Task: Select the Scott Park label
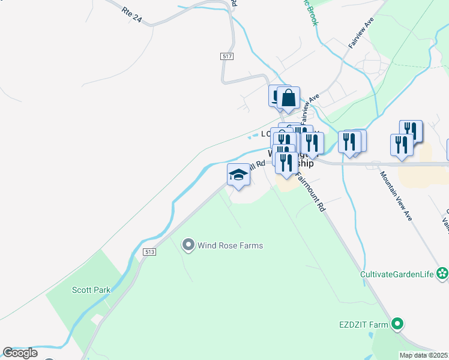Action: coord(91,290)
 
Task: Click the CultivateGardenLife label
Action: coord(397,275)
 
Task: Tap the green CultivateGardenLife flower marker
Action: coord(442,274)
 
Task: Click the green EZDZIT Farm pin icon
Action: coord(397,325)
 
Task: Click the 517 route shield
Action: coord(226,56)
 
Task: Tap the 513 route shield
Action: coord(150,252)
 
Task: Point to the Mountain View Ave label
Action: coord(396,196)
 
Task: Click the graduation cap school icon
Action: coord(238,175)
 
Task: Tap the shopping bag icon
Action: coord(288,97)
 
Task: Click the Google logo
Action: coord(20,353)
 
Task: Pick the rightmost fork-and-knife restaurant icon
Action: coord(411,131)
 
